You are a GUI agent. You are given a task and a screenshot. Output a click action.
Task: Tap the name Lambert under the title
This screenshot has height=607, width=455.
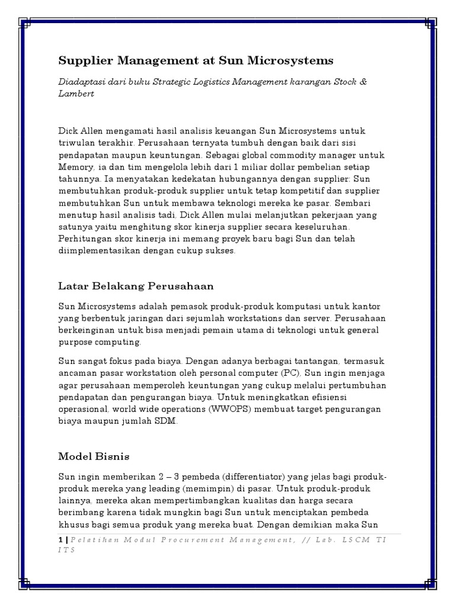[x=76, y=94]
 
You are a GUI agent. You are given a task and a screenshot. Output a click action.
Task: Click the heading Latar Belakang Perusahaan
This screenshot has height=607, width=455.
[x=136, y=286]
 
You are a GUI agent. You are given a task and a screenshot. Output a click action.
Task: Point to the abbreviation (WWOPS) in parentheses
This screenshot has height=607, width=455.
[x=220, y=410]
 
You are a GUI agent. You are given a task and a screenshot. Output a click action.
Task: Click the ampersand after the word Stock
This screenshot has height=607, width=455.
[x=363, y=81]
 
